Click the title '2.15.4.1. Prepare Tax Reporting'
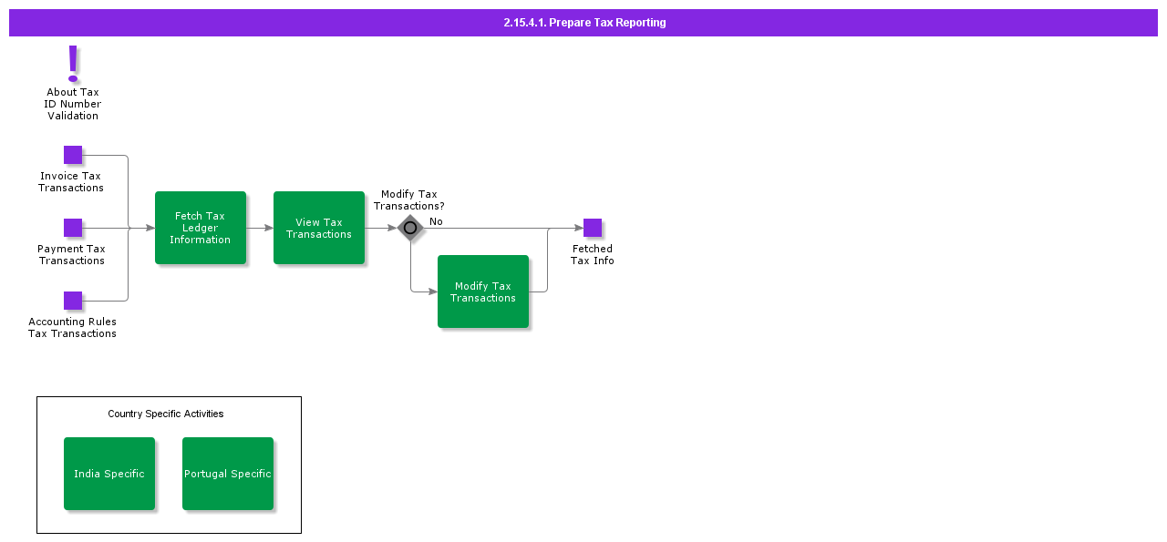(584, 23)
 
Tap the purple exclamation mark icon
(73, 64)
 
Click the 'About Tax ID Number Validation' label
(73, 104)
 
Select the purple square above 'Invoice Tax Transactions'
(73, 155)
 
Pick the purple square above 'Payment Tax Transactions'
(73, 228)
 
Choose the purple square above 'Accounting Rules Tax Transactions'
(73, 301)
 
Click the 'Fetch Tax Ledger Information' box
(201, 228)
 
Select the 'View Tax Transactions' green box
(319, 228)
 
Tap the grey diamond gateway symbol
(410, 228)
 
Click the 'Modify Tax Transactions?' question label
(409, 200)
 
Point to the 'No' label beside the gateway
(436, 221)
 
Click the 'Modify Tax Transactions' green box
(483, 291)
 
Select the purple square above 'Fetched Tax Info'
(593, 228)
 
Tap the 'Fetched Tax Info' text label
(593, 255)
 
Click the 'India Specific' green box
(109, 474)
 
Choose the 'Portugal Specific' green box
(228, 474)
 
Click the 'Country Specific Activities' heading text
(166, 414)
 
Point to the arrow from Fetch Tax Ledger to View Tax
(260, 228)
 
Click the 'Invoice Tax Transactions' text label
(71, 182)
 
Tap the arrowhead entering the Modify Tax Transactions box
(433, 291)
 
